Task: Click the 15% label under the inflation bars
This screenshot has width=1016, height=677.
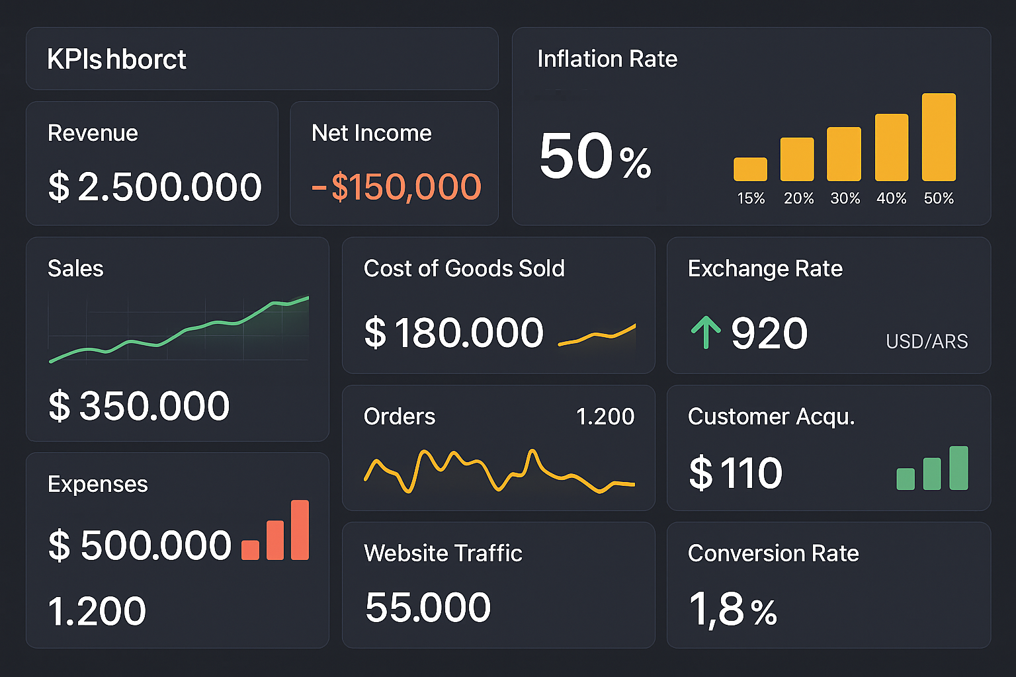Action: pyautogui.click(x=751, y=198)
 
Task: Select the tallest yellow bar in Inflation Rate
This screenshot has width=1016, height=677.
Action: pyautogui.click(x=939, y=138)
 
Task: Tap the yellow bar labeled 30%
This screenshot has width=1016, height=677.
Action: pyautogui.click(x=844, y=154)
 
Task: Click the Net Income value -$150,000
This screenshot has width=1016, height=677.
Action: pyautogui.click(x=396, y=186)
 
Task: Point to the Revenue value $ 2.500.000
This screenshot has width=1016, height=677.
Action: pyautogui.click(x=155, y=186)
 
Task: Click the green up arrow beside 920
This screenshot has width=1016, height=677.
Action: pyautogui.click(x=706, y=332)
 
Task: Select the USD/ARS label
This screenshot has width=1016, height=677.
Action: pyautogui.click(x=927, y=341)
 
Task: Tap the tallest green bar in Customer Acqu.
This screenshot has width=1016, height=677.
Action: pyautogui.click(x=958, y=468)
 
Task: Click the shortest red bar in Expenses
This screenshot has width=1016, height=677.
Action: pyautogui.click(x=250, y=549)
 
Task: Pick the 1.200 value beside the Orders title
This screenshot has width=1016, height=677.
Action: pyautogui.click(x=605, y=417)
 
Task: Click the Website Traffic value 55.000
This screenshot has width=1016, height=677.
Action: pyautogui.click(x=428, y=607)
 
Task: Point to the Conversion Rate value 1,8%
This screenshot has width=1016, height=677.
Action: pyautogui.click(x=732, y=609)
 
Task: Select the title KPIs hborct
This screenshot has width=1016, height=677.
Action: pyautogui.click(x=117, y=60)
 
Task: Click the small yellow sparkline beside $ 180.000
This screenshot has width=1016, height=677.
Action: pyautogui.click(x=597, y=335)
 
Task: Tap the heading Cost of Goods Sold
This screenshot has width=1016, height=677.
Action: pyautogui.click(x=464, y=268)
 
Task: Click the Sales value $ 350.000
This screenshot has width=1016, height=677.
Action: pyautogui.click(x=139, y=405)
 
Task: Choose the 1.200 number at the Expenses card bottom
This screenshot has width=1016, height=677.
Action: pyautogui.click(x=97, y=611)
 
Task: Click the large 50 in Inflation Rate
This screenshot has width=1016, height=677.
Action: pyautogui.click(x=577, y=156)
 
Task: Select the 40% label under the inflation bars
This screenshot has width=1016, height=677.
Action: pyautogui.click(x=891, y=198)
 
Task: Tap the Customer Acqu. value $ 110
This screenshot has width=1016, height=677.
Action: pyautogui.click(x=736, y=473)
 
